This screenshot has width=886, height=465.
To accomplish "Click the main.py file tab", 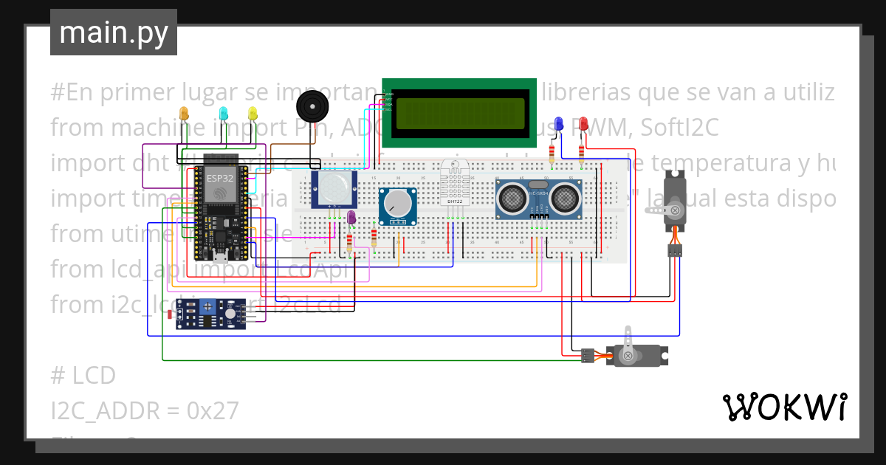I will pyautogui.click(x=113, y=32).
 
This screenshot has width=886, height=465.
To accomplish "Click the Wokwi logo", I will pyautogui.click(x=784, y=407).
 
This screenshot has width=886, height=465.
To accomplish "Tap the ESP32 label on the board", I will pyautogui.click(x=219, y=179).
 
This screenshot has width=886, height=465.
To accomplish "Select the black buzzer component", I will pyautogui.click(x=311, y=108).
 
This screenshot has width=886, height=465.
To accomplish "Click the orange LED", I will pyautogui.click(x=184, y=114).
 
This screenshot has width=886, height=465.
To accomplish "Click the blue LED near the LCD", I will pyautogui.click(x=559, y=124).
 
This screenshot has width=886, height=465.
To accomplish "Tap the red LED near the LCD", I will pyautogui.click(x=583, y=124).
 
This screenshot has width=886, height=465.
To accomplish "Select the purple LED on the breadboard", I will pyautogui.click(x=351, y=217).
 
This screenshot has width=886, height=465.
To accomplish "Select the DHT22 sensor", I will pyautogui.click(x=455, y=183).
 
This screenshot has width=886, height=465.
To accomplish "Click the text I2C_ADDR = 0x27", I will pyautogui.click(x=145, y=410).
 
